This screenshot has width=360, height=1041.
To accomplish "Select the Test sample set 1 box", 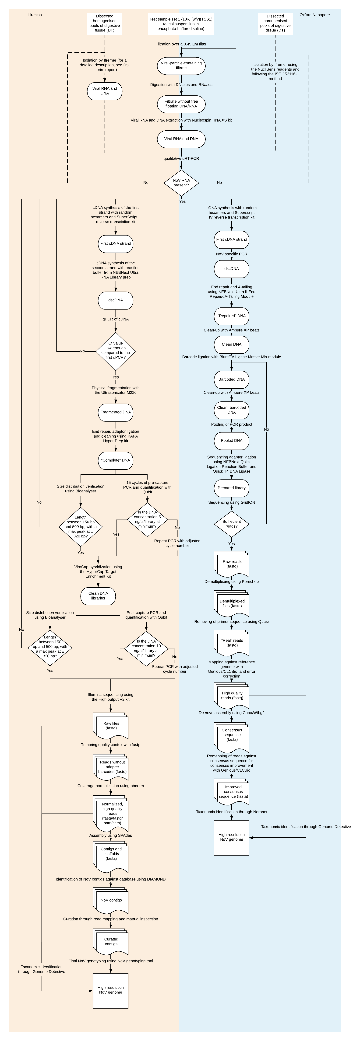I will [181, 24].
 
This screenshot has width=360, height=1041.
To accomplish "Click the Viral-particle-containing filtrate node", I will [181, 66].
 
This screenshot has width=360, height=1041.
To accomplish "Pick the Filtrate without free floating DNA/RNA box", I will [181, 104].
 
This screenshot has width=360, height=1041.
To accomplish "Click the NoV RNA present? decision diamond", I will [181, 183].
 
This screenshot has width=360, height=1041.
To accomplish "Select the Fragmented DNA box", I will [116, 412].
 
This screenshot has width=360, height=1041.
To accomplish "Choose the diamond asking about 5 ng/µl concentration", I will [147, 519].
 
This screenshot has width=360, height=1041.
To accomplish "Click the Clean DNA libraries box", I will [98, 596].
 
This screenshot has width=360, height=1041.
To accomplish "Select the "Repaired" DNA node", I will [231, 316].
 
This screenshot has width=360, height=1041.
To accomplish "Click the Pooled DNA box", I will [231, 440].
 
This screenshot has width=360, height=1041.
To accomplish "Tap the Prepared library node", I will [231, 488].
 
